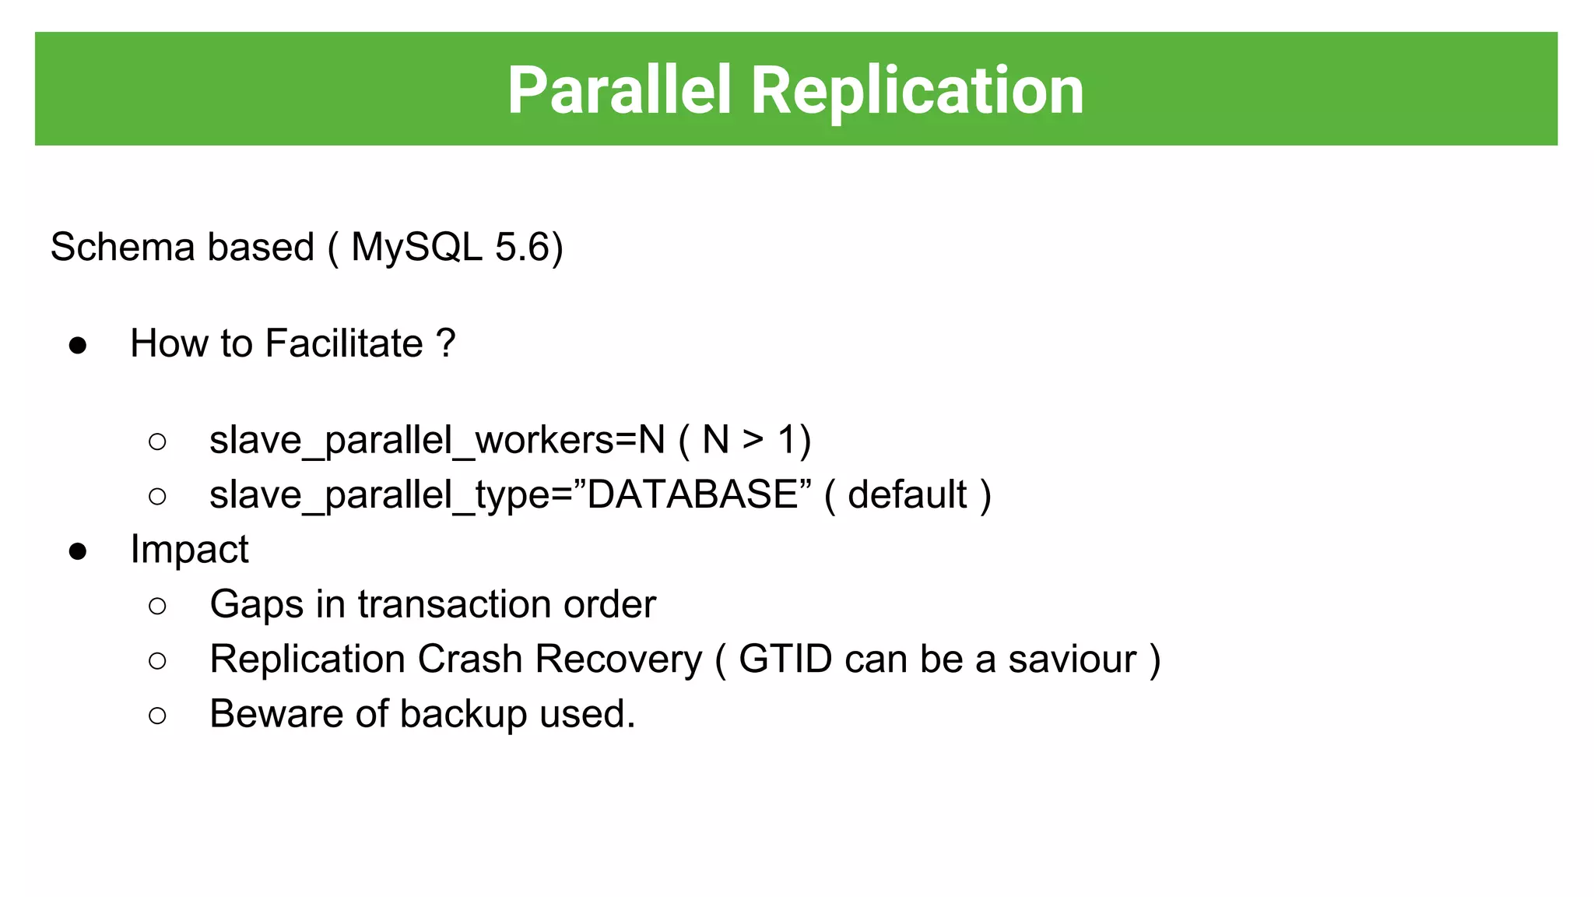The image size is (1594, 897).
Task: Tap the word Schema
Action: coord(122,248)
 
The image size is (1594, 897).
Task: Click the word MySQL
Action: coord(416,248)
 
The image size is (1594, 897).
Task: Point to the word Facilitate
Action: coord(344,343)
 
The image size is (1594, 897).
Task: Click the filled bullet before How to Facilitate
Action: coord(78,345)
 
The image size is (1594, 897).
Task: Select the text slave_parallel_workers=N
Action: coord(437,441)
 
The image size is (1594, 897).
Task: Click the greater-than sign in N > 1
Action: coord(753,440)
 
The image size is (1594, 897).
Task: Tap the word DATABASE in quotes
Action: coord(693,494)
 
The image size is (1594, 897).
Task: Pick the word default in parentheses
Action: coord(907,494)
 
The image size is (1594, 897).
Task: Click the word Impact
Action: coord(189,550)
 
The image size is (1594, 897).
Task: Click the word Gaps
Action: coord(256,605)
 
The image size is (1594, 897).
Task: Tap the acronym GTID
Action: coord(785,659)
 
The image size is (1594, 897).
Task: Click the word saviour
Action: coord(1072,659)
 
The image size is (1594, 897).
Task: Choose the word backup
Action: coord(463,714)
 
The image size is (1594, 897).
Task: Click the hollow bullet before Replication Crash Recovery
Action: coord(157,661)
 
